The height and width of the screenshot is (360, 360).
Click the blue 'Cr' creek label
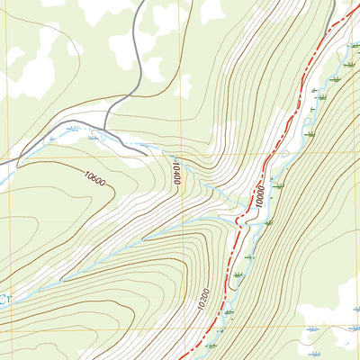click(x=4, y=297)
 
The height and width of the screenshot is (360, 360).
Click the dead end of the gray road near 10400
click(x=148, y=154)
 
